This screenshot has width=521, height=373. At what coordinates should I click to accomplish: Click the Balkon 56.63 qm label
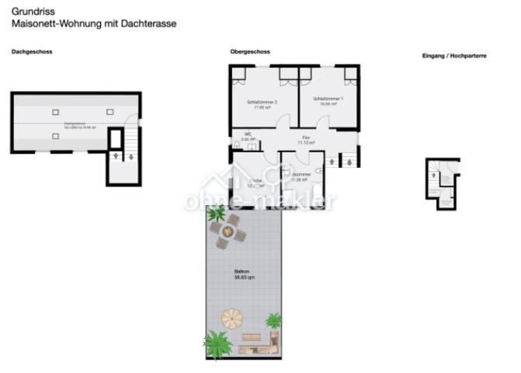244,274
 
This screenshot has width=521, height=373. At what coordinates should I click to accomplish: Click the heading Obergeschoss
250,52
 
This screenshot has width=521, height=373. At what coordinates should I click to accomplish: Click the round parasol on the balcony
232,318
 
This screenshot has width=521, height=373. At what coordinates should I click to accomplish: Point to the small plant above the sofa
273,319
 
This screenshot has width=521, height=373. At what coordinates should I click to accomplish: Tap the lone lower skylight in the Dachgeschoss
55,136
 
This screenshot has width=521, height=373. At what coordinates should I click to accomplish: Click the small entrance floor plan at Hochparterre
443,183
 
